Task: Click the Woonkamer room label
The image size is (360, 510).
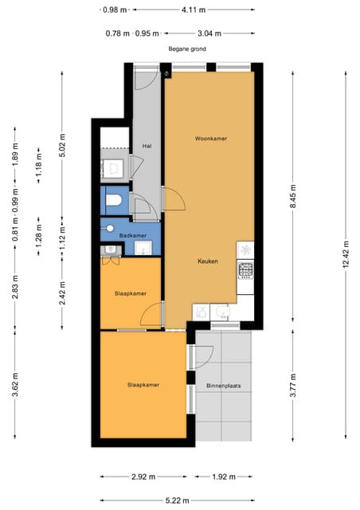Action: click(x=211, y=139)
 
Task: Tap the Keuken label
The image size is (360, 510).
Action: click(x=208, y=261)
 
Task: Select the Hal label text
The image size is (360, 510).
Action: click(x=147, y=146)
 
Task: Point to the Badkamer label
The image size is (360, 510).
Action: click(x=131, y=236)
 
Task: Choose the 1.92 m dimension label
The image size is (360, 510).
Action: click(x=224, y=477)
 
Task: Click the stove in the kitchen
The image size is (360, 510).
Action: click(x=246, y=269)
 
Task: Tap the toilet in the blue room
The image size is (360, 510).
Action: click(x=116, y=200)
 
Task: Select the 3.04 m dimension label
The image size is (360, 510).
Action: click(x=209, y=33)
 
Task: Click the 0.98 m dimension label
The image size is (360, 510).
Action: click(x=115, y=10)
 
